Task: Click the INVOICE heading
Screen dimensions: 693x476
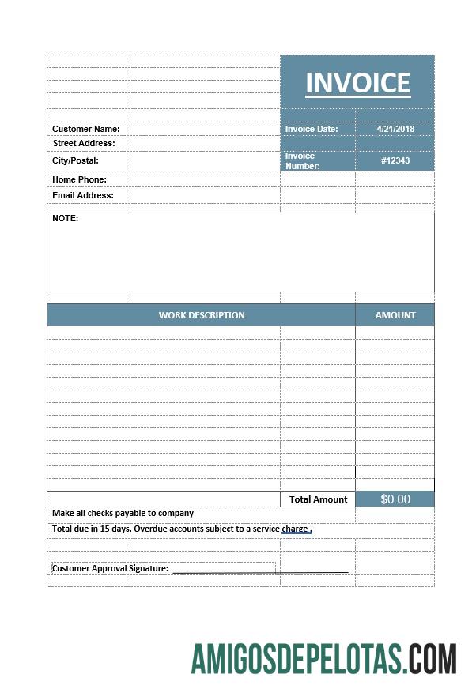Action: [x=357, y=83]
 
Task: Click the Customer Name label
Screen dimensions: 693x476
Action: [x=86, y=129]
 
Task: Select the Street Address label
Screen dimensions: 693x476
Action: [x=84, y=143]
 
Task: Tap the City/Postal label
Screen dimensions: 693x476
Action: [x=76, y=160]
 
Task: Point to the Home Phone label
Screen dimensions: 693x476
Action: [x=79, y=179]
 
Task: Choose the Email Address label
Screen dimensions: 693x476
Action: [x=83, y=195]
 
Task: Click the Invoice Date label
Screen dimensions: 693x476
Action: [x=312, y=129]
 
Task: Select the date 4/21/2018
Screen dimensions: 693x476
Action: [x=395, y=129]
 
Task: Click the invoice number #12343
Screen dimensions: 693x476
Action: [x=395, y=160]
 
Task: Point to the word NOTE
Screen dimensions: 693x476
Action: [x=66, y=218]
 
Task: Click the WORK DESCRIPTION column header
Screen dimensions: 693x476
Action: [x=202, y=315]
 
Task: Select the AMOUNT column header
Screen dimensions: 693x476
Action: [x=395, y=315]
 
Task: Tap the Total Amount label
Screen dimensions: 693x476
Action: [x=318, y=499]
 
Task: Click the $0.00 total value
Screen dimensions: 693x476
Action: [x=395, y=499]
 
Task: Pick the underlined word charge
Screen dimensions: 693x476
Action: [x=295, y=529]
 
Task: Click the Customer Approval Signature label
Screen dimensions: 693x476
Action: [x=110, y=568]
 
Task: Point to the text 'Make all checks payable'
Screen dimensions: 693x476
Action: [x=99, y=513]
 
